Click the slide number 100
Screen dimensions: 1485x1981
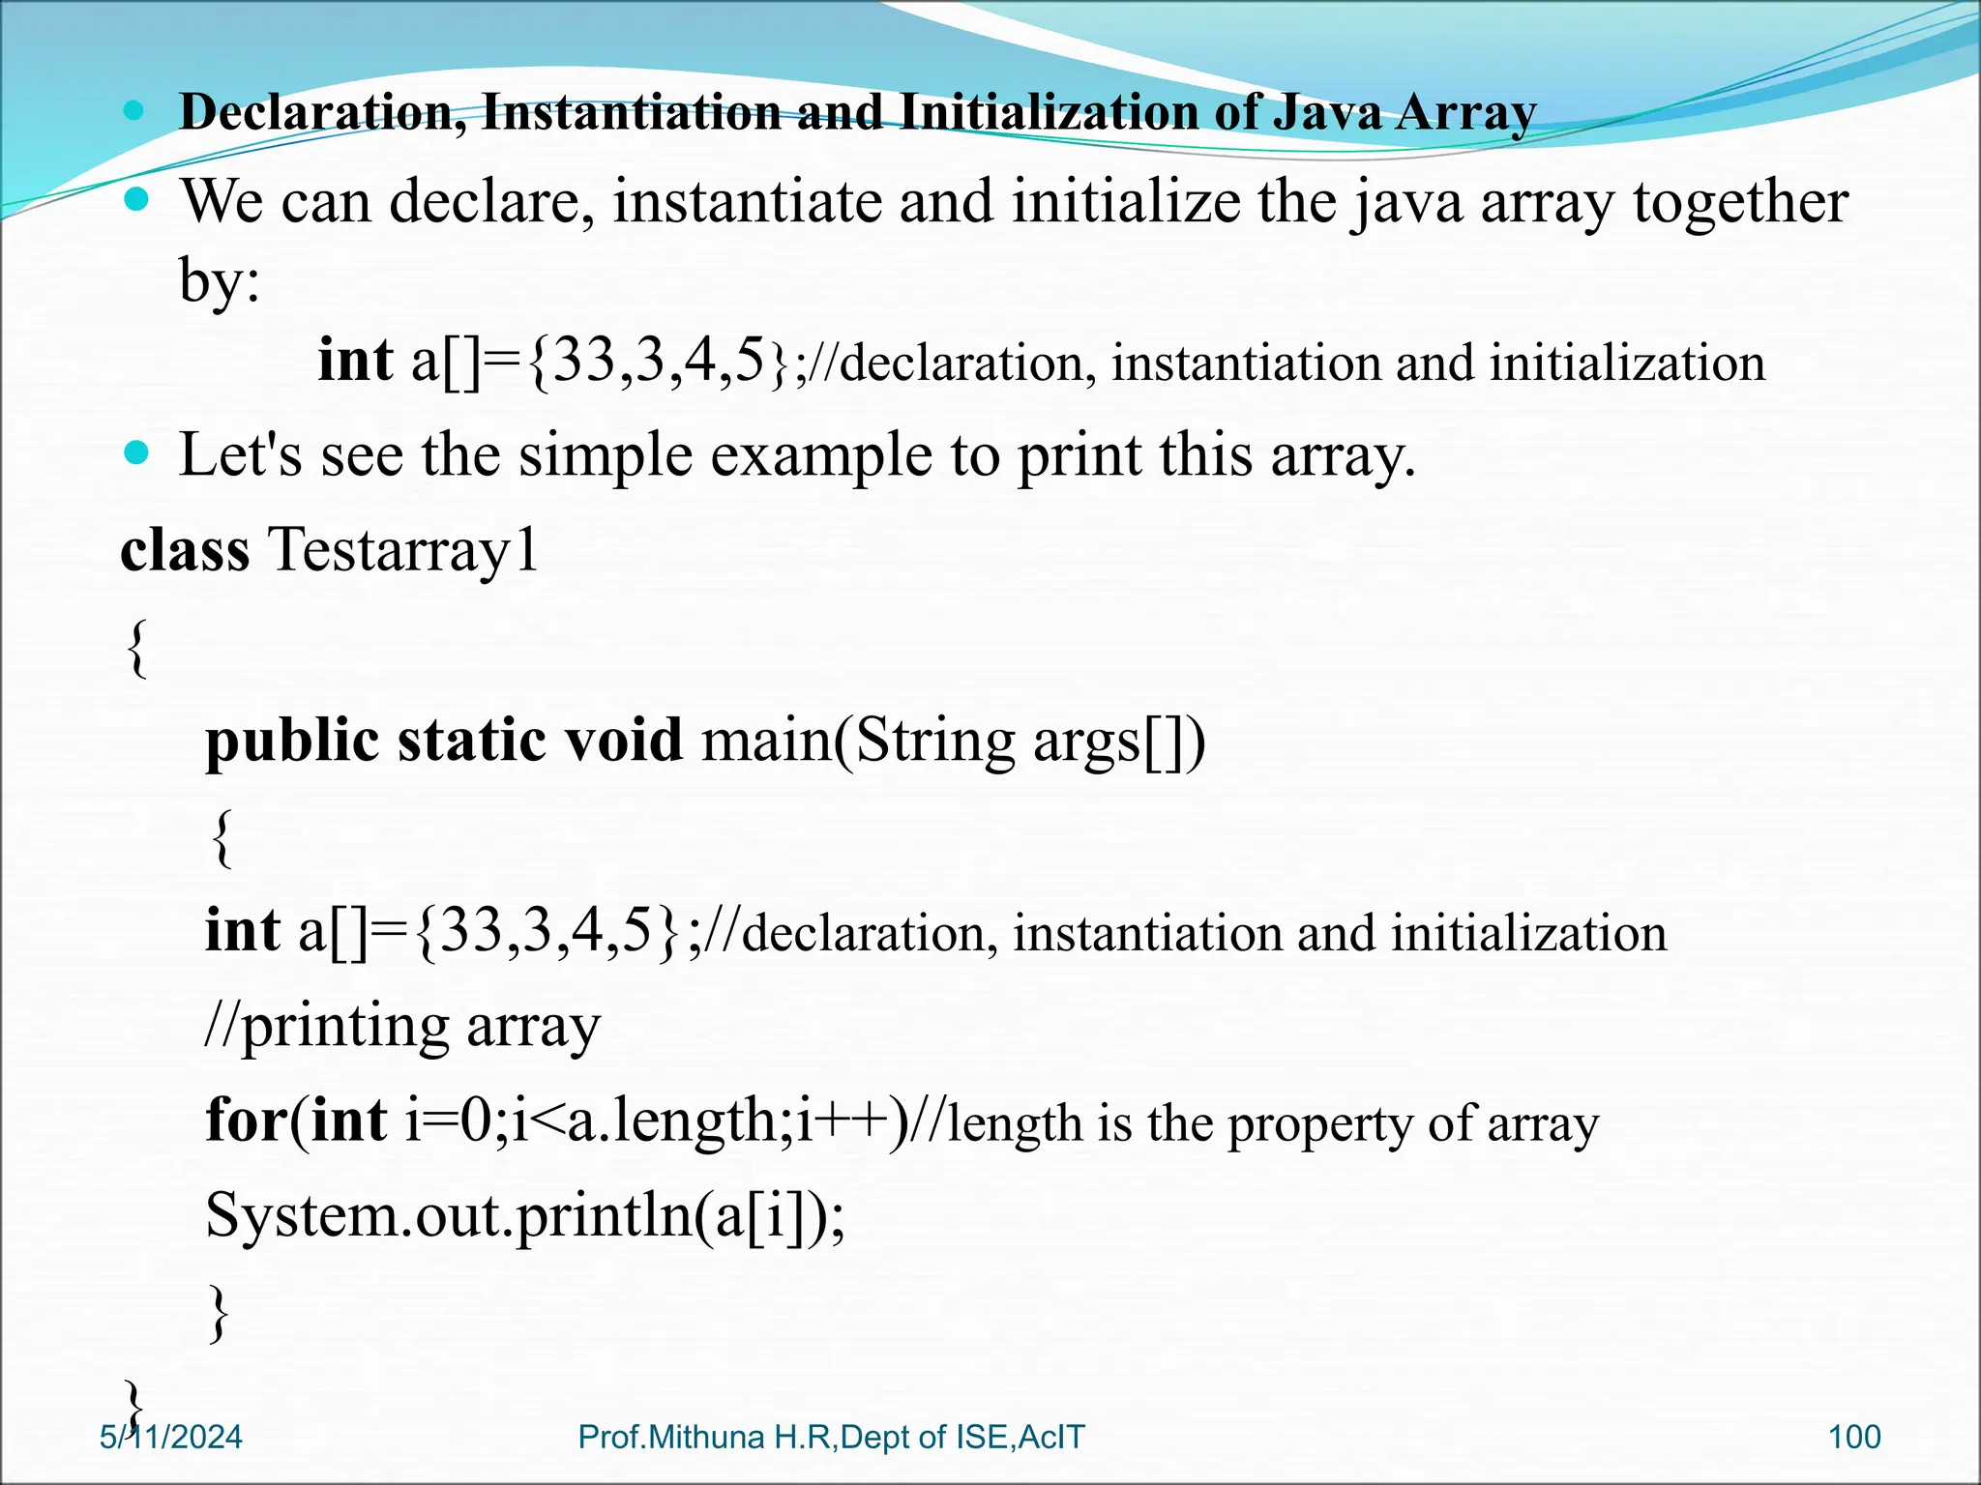[x=1854, y=1437]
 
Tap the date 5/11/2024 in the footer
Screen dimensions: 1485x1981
[x=171, y=1437]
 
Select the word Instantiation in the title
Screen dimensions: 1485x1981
[x=631, y=112]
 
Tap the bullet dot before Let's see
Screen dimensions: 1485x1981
[x=137, y=451]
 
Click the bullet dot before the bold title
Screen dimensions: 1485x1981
[x=134, y=111]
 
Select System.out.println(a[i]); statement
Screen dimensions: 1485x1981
[x=525, y=1214]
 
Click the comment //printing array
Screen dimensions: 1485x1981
[x=402, y=1027]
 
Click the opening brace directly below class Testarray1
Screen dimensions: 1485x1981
[x=137, y=648]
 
